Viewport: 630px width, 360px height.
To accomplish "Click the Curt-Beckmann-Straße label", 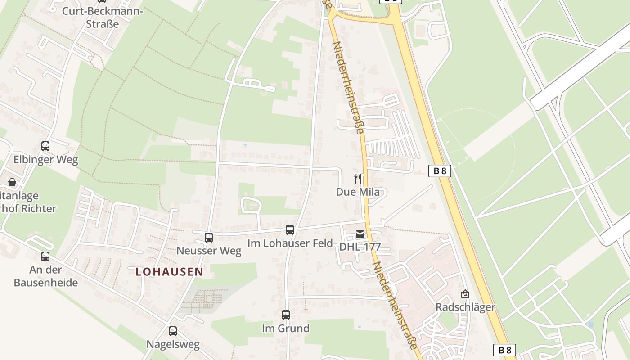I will click(x=103, y=17).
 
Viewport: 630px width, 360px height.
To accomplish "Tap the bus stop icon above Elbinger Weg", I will click(x=45, y=146).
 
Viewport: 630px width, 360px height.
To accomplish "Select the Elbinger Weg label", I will click(x=45, y=160).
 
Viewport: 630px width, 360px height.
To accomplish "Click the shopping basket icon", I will click(x=12, y=182).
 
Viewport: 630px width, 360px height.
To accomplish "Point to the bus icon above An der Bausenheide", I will click(x=45, y=256).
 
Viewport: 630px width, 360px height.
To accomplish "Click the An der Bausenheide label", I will click(x=46, y=276).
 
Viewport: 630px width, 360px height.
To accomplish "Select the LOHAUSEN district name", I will click(x=169, y=271).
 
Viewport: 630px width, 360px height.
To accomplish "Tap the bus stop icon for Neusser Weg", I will click(x=209, y=237).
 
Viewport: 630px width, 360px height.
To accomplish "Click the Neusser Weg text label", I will click(x=209, y=251).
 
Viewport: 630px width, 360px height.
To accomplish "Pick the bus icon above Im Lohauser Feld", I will click(x=290, y=230).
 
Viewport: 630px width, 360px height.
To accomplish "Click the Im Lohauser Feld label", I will click(x=290, y=243).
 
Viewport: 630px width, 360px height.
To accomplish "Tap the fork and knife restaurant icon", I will click(x=358, y=179).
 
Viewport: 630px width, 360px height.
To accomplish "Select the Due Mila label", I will click(x=358, y=192).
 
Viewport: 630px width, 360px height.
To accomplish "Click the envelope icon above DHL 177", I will click(x=360, y=234).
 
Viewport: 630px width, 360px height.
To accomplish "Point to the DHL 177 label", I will click(x=360, y=247).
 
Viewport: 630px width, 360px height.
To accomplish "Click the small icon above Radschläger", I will click(x=465, y=294).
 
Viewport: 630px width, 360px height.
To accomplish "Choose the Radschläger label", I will click(x=465, y=307).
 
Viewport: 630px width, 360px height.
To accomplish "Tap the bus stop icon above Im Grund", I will click(x=286, y=315).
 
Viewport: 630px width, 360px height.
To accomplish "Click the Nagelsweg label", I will click(x=173, y=345).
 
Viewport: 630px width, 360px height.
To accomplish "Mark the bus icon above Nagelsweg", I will click(x=173, y=331).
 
